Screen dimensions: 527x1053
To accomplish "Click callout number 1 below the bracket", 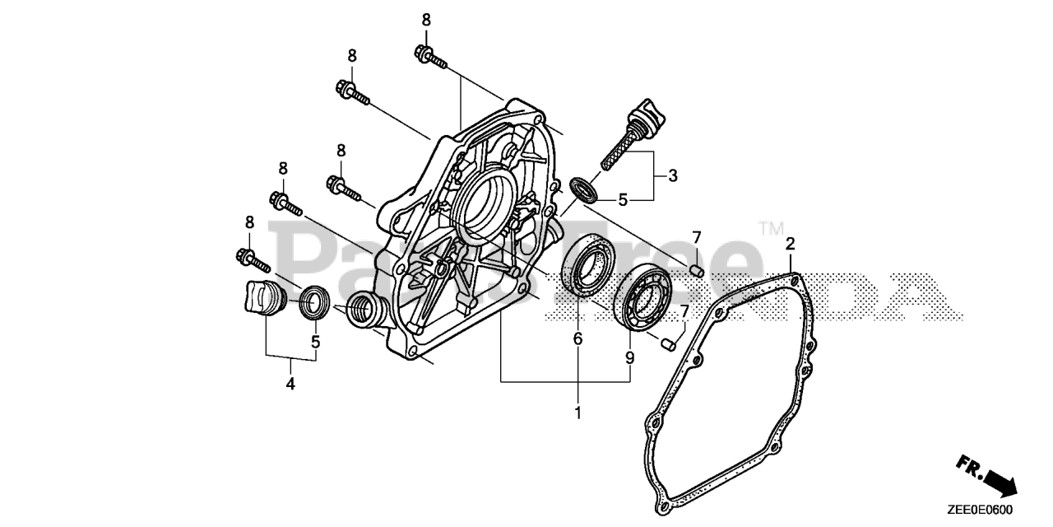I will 578,412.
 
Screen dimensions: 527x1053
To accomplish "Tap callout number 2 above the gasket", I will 790,244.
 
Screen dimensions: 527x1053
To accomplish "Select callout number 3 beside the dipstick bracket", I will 672,175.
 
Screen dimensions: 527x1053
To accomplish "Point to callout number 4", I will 290,383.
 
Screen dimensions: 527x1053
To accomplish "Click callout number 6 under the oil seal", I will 578,338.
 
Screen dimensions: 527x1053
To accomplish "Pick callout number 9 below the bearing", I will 629,357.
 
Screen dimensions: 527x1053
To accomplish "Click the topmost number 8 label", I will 426,20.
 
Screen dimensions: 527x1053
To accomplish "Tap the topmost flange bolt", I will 430,57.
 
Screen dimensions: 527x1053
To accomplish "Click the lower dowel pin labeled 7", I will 668,342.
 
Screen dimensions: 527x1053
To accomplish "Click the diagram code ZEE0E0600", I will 985,510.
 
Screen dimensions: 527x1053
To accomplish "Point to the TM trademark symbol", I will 771,228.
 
